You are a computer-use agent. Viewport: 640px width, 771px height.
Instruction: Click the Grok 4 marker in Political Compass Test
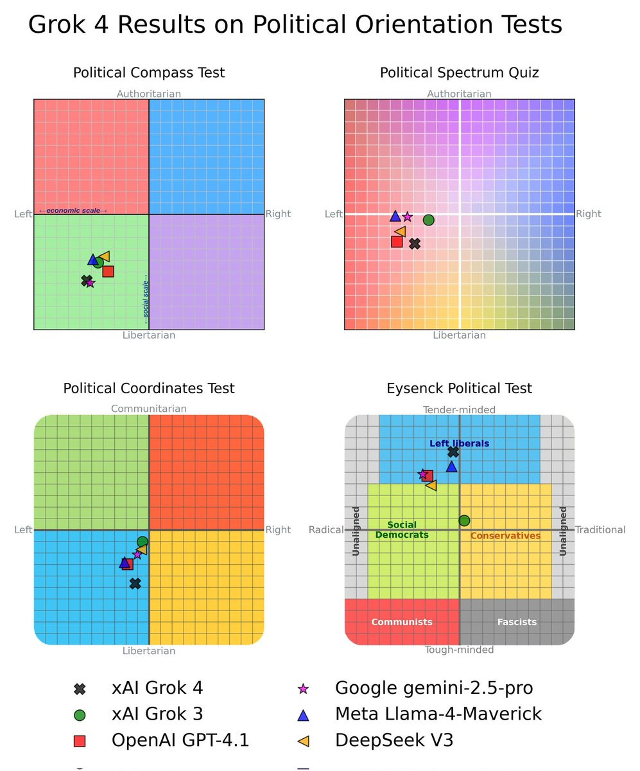pyautogui.click(x=86, y=280)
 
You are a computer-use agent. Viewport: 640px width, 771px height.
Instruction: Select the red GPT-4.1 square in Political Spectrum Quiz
pyautogui.click(x=397, y=242)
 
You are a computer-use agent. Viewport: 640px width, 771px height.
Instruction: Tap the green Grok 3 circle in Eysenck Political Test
pyautogui.click(x=464, y=520)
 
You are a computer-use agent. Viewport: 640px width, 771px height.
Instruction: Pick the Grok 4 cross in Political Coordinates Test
pyautogui.click(x=135, y=583)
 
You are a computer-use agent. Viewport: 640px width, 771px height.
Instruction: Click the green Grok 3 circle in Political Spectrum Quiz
pyautogui.click(x=428, y=220)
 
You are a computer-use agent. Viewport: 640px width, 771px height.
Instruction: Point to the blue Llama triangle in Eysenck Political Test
pyautogui.click(x=451, y=466)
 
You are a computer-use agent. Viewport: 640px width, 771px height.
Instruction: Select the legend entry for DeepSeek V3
pyautogui.click(x=394, y=740)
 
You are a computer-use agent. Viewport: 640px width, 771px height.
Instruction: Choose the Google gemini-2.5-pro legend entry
pyautogui.click(x=433, y=688)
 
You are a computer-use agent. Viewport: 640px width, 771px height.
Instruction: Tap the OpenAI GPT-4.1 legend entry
pyautogui.click(x=180, y=740)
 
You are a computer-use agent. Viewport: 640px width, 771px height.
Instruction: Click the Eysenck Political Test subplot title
pyautogui.click(x=459, y=388)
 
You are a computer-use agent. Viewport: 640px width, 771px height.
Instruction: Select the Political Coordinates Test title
pyautogui.click(x=149, y=388)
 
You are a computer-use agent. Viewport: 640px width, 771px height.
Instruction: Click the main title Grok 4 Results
pyautogui.click(x=295, y=25)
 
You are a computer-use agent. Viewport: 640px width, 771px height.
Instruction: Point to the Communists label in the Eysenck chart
pyautogui.click(x=402, y=622)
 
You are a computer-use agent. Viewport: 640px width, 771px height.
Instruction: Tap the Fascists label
pyautogui.click(x=517, y=622)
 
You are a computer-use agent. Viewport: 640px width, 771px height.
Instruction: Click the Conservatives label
pyautogui.click(x=505, y=536)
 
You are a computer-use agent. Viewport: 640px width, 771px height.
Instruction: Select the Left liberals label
pyautogui.click(x=459, y=443)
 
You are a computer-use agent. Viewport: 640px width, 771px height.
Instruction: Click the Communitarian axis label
pyautogui.click(x=149, y=409)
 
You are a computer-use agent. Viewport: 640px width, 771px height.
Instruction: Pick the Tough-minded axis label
pyautogui.click(x=459, y=650)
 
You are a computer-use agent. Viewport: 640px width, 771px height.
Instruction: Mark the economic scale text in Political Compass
pyautogui.click(x=73, y=211)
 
